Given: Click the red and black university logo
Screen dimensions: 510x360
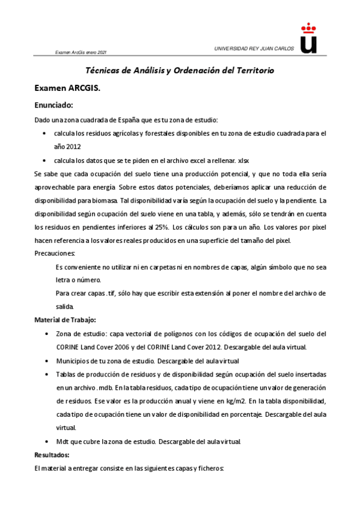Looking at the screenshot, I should pos(308,38).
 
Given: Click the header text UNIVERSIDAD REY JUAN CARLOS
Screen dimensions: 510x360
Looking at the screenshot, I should pos(254,48).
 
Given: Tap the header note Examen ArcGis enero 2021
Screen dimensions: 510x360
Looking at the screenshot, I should pos(81,53).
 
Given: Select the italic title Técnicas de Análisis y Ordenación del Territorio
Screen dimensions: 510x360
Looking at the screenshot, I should pos(180,70).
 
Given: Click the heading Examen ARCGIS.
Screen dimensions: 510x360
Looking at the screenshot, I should pos(67,88).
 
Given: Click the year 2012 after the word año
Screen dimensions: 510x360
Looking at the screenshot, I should pos(72,146).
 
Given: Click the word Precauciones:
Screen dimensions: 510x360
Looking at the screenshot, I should pos(55,253).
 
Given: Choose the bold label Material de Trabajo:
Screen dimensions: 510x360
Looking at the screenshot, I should pos(66,319).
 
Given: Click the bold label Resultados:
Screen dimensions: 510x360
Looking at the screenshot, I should pos(52,454).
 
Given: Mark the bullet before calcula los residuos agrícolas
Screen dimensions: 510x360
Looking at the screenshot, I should pos(46,133).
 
